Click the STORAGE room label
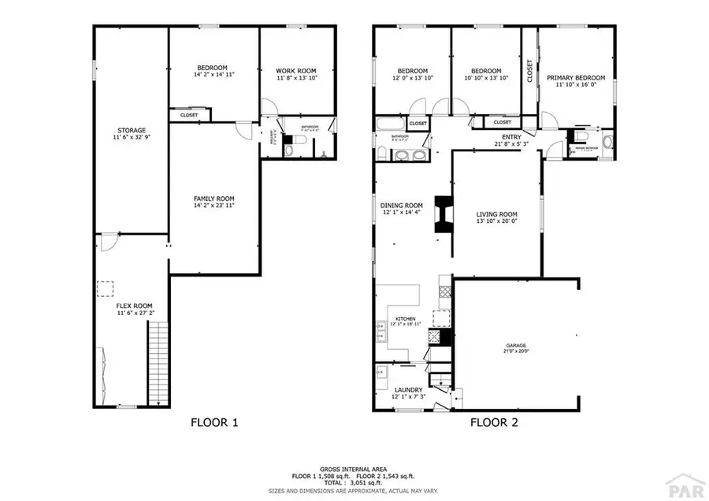pyautogui.click(x=132, y=131)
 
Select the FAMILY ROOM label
pyautogui.click(x=214, y=199)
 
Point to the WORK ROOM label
pyautogui.click(x=296, y=70)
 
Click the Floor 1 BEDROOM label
pyautogui.click(x=213, y=68)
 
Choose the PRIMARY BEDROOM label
pyautogui.click(x=576, y=78)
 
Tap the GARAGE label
pyautogui.click(x=516, y=345)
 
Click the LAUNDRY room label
pyautogui.click(x=408, y=390)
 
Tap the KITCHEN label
pyautogui.click(x=405, y=319)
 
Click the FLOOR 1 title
pyautogui.click(x=214, y=422)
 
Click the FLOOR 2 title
pyautogui.click(x=494, y=422)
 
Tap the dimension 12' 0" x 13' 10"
pyautogui.click(x=412, y=78)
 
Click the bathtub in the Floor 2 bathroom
pyautogui.click(x=389, y=124)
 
